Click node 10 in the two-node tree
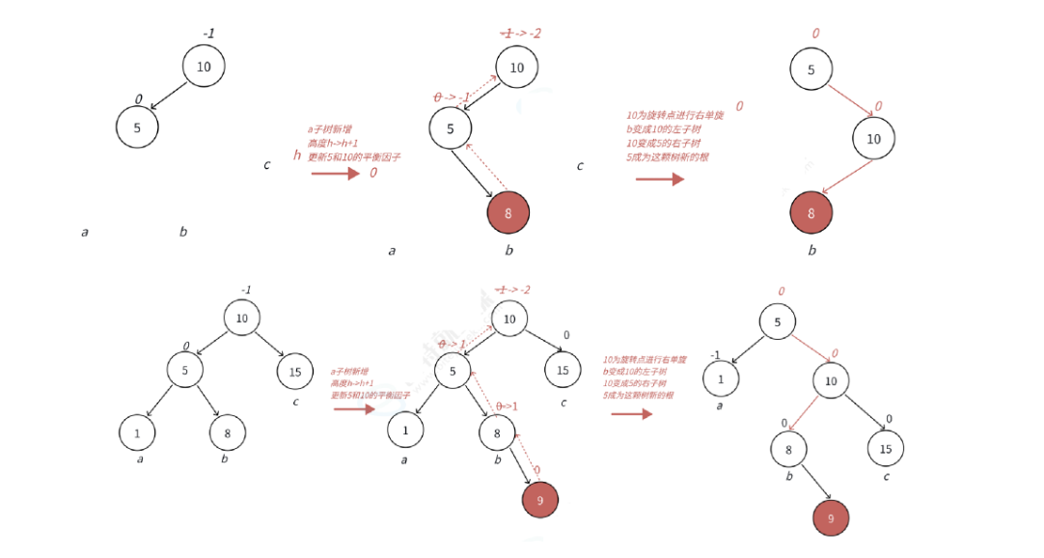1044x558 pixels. [x=204, y=67]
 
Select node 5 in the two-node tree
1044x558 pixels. [x=137, y=127]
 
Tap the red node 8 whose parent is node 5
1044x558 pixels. [x=508, y=212]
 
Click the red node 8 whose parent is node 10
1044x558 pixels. [x=810, y=212]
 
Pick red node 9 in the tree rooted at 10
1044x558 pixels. [x=539, y=500]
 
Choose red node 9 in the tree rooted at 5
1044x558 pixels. [x=831, y=517]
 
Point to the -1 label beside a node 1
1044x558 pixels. [x=715, y=355]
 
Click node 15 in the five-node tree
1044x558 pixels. [x=295, y=371]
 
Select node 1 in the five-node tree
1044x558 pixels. [x=138, y=433]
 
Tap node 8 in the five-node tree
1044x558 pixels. [x=228, y=433]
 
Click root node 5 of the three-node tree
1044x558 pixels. [x=810, y=70]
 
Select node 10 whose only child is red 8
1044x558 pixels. [x=873, y=139]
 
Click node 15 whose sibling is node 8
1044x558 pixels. [x=886, y=448]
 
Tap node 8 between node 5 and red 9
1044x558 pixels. [x=498, y=434]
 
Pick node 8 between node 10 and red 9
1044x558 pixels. [x=789, y=449]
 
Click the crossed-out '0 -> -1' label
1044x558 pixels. [x=452, y=98]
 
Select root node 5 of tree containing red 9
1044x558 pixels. [x=778, y=321]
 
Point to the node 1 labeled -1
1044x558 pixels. [x=720, y=380]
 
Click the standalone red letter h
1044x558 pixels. [x=297, y=154]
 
